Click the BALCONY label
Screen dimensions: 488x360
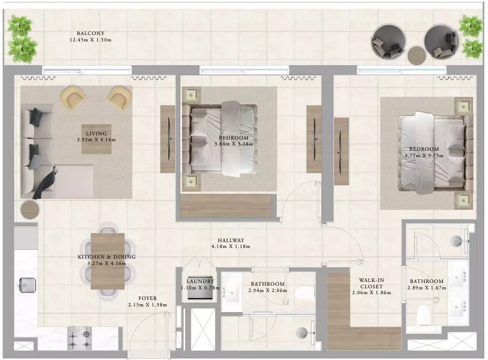(91, 33)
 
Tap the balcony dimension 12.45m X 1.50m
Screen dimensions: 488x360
(91, 40)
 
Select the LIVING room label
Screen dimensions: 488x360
(96, 134)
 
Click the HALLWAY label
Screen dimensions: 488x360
(230, 240)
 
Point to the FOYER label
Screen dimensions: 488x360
(148, 298)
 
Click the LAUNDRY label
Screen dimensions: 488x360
(200, 281)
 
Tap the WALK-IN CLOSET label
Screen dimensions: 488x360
(371, 284)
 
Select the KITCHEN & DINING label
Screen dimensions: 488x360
(106, 256)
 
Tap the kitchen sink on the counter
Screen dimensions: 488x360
(28, 285)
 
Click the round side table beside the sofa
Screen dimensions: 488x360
(30, 210)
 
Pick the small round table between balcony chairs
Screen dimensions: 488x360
(417, 55)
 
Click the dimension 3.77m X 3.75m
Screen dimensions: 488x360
(424, 156)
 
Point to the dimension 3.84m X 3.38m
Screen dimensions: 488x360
(234, 144)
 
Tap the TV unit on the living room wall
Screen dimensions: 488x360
(168, 139)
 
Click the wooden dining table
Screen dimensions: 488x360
(108, 261)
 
